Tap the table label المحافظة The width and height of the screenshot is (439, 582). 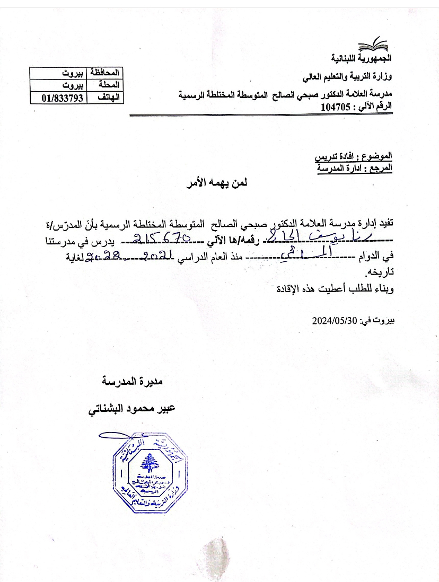pyautogui.click(x=106, y=72)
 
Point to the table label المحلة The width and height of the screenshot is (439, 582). pyautogui.click(x=109, y=85)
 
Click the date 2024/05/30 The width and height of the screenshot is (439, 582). pyautogui.click(x=335, y=320)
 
